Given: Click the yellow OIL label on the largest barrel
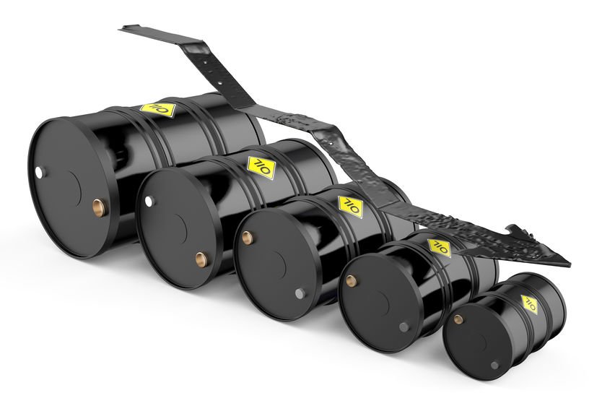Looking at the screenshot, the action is [157, 109].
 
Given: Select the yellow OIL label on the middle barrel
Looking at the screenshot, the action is [351, 207].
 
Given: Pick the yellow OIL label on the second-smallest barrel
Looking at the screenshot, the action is [440, 247].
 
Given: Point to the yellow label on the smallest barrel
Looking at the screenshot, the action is [530, 304].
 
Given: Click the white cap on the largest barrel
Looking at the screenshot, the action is [40, 172].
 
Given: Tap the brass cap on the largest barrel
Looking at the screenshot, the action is [98, 207].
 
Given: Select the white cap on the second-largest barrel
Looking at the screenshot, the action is [149, 201].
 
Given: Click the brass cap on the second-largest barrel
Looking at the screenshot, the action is [201, 259].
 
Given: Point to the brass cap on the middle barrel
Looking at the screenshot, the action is [247, 238].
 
